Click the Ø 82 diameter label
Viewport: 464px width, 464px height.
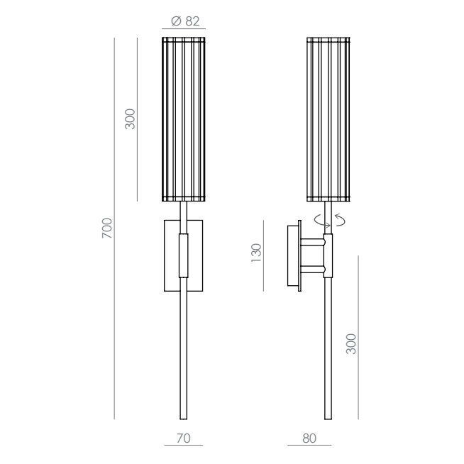[x=185, y=21]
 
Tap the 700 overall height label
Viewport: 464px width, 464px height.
[x=107, y=228]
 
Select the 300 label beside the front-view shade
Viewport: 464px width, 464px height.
[x=130, y=119]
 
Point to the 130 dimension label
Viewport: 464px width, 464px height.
[x=256, y=253]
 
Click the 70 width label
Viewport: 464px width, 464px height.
[x=184, y=438]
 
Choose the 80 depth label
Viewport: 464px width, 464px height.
[x=309, y=438]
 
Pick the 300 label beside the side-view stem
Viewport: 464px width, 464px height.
[x=351, y=344]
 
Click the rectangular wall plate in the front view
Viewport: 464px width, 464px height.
[x=184, y=255]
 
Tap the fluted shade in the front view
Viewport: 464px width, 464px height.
[x=184, y=119]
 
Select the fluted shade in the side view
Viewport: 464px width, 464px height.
[x=328, y=119]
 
